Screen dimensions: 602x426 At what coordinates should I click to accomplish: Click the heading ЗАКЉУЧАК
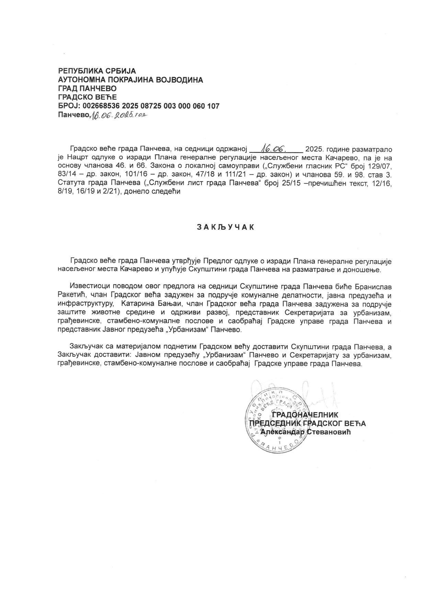(225, 227)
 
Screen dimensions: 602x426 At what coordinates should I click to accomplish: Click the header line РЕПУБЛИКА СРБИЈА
(97, 71)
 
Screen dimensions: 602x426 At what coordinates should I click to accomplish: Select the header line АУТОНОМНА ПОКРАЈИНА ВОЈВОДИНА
(131, 80)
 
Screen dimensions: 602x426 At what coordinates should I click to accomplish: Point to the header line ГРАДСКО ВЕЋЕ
(88, 97)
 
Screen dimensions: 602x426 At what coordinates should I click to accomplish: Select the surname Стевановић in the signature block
(329, 432)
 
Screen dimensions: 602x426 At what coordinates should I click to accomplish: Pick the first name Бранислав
(372, 286)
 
